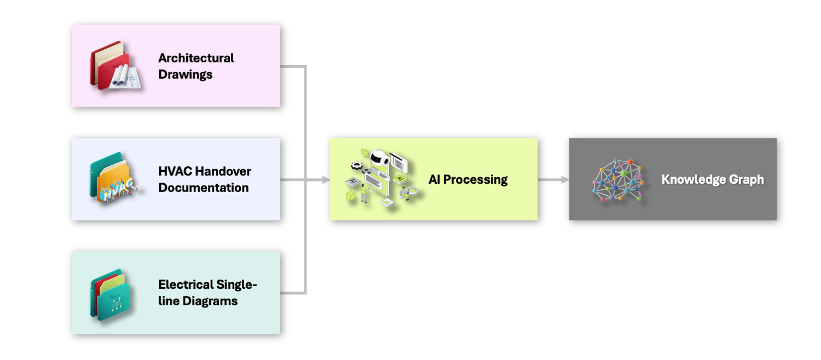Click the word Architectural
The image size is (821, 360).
pyautogui.click(x=196, y=58)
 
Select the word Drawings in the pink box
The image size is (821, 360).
pyautogui.click(x=185, y=74)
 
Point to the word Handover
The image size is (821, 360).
pyautogui.click(x=224, y=171)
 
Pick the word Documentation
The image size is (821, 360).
pyautogui.click(x=203, y=188)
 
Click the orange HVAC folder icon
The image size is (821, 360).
pyautogui.click(x=113, y=179)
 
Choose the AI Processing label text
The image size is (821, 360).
pyautogui.click(x=467, y=179)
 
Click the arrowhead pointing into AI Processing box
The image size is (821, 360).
pyautogui.click(x=326, y=179)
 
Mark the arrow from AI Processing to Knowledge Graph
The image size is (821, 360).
pyautogui.click(x=553, y=179)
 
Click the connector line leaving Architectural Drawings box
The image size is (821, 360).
pyautogui.click(x=293, y=67)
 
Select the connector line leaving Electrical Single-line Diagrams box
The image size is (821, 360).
pyautogui.click(x=293, y=293)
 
